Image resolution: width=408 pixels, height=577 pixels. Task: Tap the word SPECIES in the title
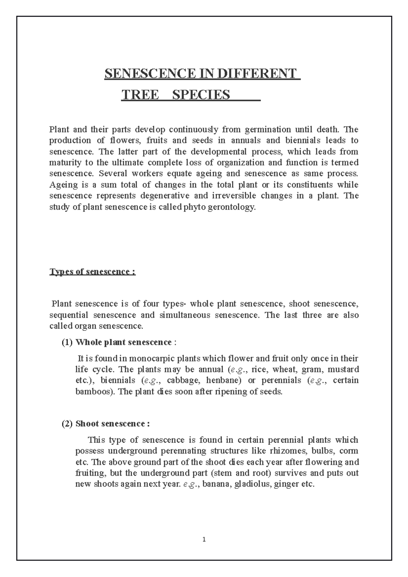[201, 95]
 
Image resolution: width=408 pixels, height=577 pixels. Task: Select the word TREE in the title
[140, 95]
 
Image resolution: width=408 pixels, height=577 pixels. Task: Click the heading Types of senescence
[92, 272]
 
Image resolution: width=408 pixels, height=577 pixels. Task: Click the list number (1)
[67, 342]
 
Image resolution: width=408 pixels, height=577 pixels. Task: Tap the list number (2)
[67, 424]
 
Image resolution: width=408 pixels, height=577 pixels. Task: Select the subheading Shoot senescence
[112, 424]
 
